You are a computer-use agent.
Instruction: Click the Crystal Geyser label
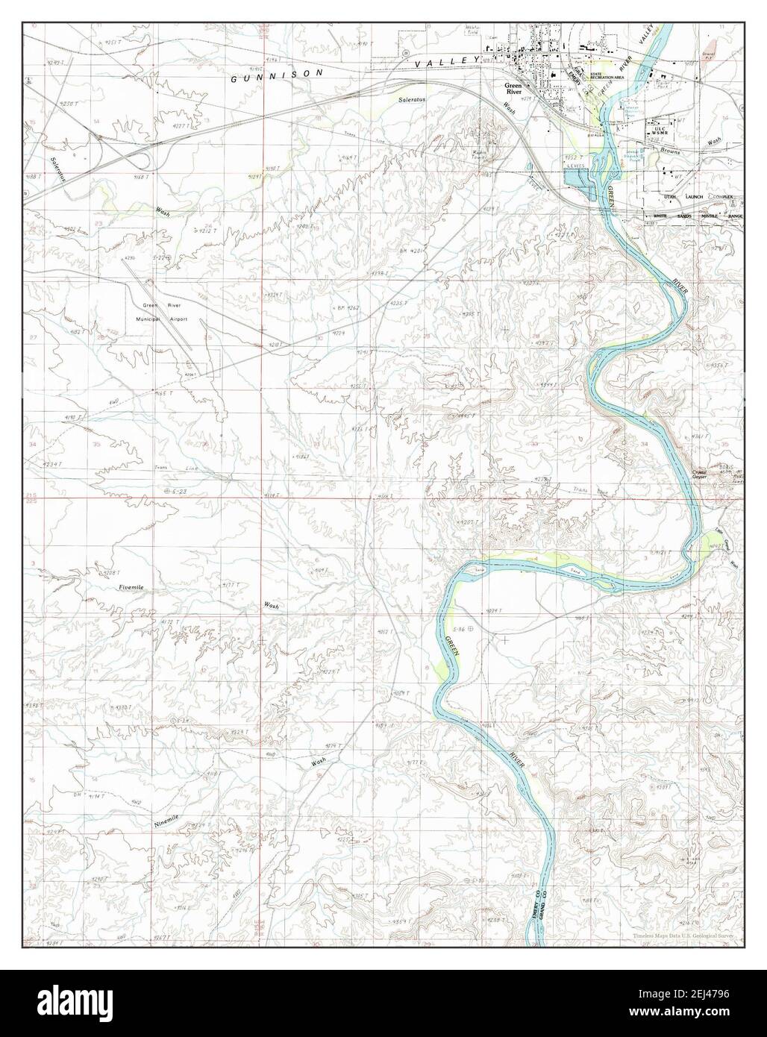click(x=699, y=475)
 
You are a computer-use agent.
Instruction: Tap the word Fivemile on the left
click(x=134, y=589)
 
